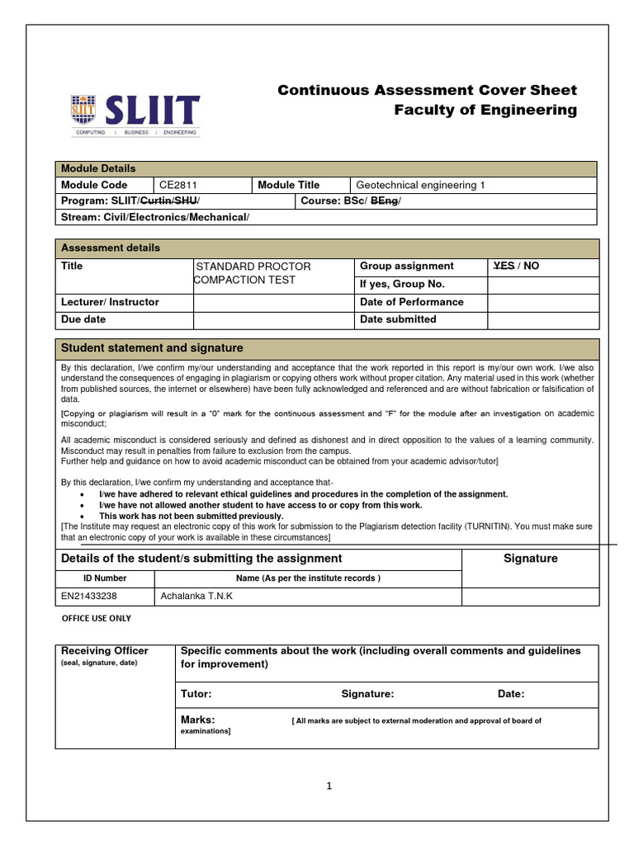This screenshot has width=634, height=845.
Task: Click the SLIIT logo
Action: click(x=135, y=114)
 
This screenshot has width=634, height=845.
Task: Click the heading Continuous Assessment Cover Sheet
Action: click(x=427, y=90)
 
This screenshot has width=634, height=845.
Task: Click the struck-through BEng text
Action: click(x=384, y=201)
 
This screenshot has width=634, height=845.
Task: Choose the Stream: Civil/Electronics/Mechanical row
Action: click(x=154, y=217)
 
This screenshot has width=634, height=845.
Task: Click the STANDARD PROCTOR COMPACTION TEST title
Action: click(x=253, y=273)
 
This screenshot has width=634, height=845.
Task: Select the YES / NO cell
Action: click(x=515, y=266)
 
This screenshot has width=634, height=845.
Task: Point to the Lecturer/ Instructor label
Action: click(x=110, y=302)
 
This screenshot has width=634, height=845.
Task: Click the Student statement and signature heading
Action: click(x=152, y=348)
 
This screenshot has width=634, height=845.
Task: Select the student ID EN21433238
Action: click(x=88, y=596)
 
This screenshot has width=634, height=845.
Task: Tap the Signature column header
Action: click(x=530, y=559)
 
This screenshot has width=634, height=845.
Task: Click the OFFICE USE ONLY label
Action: click(x=97, y=618)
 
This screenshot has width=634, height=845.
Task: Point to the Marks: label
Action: click(x=197, y=720)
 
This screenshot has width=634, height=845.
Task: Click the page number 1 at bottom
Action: click(x=328, y=786)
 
